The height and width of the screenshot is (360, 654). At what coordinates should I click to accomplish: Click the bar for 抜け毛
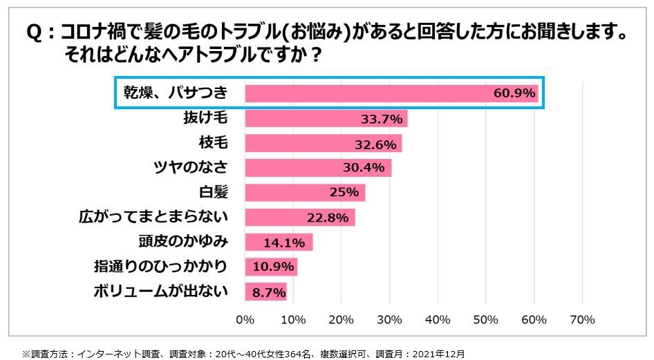(325, 119)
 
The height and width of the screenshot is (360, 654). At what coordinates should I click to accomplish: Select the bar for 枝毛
(323, 144)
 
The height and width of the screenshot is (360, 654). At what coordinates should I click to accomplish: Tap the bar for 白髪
(304, 193)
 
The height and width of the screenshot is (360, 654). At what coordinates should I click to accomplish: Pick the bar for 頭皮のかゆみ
(278, 242)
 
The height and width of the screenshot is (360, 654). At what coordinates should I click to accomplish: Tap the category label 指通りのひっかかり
(160, 267)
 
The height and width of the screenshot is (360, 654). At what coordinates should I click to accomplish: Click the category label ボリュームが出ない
(160, 291)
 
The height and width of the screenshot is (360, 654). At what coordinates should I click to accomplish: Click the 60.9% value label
(514, 94)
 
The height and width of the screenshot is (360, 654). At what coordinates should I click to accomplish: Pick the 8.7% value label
(268, 292)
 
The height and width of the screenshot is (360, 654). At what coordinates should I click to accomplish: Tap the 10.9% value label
(272, 267)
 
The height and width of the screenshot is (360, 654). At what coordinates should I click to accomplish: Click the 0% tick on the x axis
(245, 320)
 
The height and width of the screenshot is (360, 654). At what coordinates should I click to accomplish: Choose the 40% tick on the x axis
(438, 320)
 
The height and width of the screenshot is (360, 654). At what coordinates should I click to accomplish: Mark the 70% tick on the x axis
(582, 320)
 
